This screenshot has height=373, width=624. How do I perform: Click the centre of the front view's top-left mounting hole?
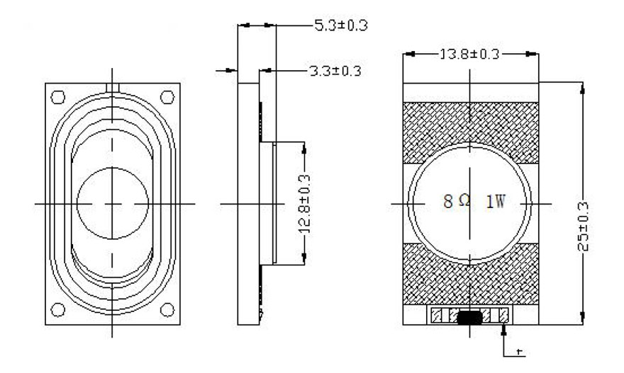(58, 98)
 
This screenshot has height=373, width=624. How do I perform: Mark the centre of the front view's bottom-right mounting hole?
(167, 310)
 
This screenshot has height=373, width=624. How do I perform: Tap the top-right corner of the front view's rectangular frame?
(180, 84)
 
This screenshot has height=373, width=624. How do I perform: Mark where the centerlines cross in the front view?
(112, 204)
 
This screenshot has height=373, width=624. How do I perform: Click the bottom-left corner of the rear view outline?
(403, 325)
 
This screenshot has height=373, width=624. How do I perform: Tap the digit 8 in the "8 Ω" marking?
(448, 202)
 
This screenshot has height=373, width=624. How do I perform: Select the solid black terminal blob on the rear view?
(469, 318)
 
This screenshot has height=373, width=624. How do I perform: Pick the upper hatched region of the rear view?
(471, 127)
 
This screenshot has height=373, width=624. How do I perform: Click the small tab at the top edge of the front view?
(113, 88)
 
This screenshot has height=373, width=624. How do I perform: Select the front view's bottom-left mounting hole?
(58, 310)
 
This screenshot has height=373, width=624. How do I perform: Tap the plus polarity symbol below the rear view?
(518, 352)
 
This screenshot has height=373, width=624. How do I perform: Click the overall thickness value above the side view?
(341, 25)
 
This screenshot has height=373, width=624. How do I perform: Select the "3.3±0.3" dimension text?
(335, 71)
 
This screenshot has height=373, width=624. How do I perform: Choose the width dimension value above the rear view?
(469, 54)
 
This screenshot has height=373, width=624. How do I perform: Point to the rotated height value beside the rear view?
(583, 226)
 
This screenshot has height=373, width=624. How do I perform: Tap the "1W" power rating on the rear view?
(496, 202)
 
